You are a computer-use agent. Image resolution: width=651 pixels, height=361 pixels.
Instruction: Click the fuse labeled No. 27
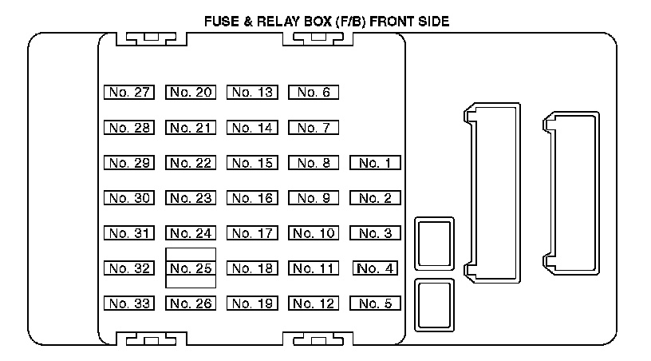pyautogui.click(x=128, y=93)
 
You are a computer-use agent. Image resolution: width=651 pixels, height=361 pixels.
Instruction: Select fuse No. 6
pyautogui.click(x=314, y=93)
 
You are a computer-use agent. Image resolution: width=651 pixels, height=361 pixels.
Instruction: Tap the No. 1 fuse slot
pyautogui.click(x=375, y=164)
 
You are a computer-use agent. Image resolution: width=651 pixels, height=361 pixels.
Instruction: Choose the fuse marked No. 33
pyautogui.click(x=128, y=303)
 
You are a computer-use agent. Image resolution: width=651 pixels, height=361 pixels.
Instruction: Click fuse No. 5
pyautogui.click(x=375, y=303)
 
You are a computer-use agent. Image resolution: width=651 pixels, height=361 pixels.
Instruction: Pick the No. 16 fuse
pyautogui.click(x=252, y=199)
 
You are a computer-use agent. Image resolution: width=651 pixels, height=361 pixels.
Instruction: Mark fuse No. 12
pyautogui.click(x=314, y=303)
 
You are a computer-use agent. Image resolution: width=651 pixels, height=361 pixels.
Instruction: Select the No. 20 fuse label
pyautogui.click(x=191, y=93)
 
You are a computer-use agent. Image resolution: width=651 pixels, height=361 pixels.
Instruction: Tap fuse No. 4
pyautogui.click(x=375, y=268)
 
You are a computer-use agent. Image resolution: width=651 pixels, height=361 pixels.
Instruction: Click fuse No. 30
pyautogui.click(x=128, y=199)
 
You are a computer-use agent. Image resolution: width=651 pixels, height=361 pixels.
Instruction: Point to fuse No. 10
pyautogui.click(x=314, y=234)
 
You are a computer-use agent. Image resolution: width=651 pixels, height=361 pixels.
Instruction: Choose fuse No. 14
pyautogui.click(x=252, y=128)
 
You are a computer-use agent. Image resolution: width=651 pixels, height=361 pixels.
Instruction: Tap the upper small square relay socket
pyautogui.click(x=434, y=243)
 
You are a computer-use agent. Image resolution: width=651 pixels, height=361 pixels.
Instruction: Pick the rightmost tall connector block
pyautogui.click(x=570, y=195)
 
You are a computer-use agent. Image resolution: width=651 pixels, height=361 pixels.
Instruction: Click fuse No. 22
pyautogui.click(x=191, y=164)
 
